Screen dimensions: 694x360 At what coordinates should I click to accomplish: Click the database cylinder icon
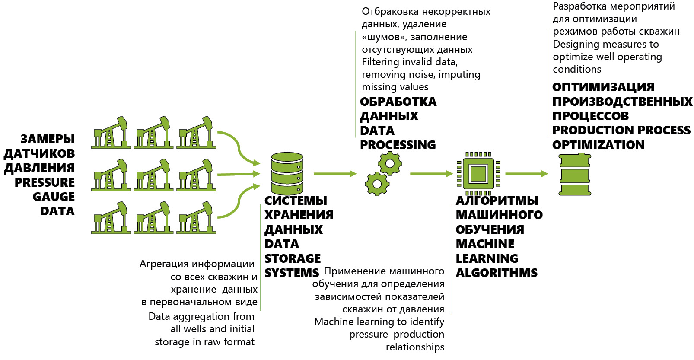click(287, 173)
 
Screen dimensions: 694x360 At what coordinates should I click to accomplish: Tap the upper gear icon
click(390, 163)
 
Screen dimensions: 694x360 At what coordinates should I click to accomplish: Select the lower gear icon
click(377, 184)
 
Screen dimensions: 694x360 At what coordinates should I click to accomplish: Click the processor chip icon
click(479, 174)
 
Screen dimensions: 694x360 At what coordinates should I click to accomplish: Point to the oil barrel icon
click(575, 174)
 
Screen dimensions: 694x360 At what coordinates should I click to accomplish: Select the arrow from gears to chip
click(432, 174)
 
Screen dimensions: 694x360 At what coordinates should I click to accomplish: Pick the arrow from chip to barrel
click(527, 174)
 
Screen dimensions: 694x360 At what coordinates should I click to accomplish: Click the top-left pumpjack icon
click(111, 133)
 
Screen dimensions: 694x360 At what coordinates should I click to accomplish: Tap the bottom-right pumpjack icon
click(196, 218)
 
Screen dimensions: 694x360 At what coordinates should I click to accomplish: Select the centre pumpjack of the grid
click(153, 175)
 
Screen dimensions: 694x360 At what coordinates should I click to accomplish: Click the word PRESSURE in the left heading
click(45, 182)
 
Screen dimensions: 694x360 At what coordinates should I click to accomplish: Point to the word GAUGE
click(54, 197)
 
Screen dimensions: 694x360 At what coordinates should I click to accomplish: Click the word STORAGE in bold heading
click(293, 258)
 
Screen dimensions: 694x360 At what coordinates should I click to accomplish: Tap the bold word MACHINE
click(485, 244)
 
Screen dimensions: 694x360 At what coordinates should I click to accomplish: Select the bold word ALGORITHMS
click(497, 273)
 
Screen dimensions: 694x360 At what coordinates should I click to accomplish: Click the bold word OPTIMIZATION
click(598, 145)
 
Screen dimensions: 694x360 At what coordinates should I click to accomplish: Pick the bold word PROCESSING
click(398, 145)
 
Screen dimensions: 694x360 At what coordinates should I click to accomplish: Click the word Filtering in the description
click(380, 62)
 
